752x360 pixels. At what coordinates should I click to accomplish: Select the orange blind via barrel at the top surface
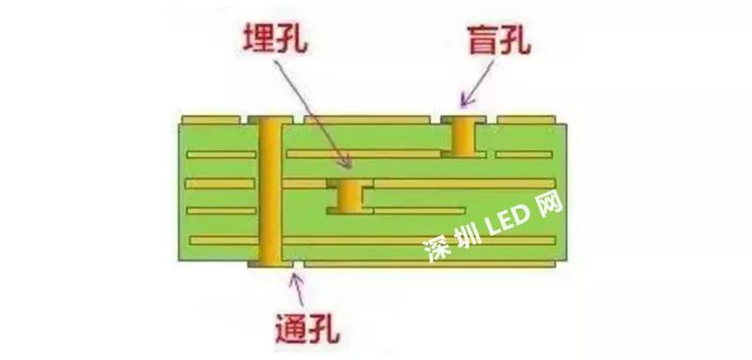coord(462,135)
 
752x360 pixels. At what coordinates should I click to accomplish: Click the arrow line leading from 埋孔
coord(310,108)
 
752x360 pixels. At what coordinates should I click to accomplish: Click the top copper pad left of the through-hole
coord(213,119)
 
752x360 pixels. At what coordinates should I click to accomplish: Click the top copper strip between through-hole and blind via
coord(358,119)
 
